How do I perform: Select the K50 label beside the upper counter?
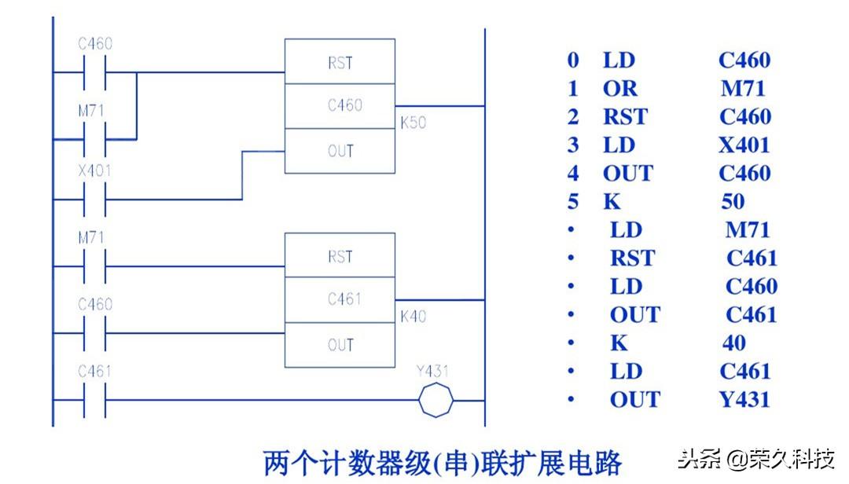[x=413, y=123]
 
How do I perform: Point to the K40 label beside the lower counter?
[x=413, y=317]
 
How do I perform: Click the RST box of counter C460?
[x=340, y=62]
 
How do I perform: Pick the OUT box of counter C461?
[x=340, y=345]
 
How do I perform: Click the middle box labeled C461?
[x=340, y=300]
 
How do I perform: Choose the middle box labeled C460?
[x=340, y=105]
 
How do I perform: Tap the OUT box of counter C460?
[x=340, y=151]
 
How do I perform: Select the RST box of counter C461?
[x=340, y=256]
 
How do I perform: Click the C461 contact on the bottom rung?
[x=94, y=400]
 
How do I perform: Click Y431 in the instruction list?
[x=744, y=399]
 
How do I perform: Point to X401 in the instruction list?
[x=744, y=145]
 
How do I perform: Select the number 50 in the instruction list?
[x=733, y=201]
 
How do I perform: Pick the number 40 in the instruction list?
[x=734, y=343]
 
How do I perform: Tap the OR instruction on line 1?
[x=620, y=88]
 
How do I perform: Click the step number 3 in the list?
[x=573, y=145]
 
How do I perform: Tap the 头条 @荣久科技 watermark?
[x=755, y=459]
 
